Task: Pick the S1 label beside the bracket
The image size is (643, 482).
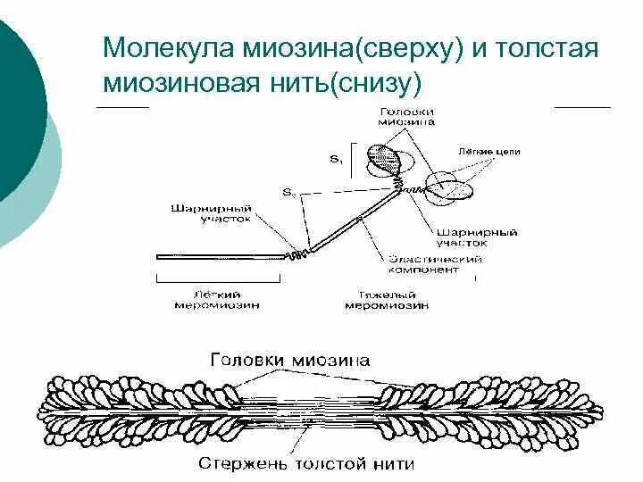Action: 335,159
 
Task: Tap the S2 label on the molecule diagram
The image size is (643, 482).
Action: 288,192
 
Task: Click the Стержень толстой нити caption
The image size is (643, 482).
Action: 307,463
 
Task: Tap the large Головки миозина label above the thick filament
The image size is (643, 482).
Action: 289,360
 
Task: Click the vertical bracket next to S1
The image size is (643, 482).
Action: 353,159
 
